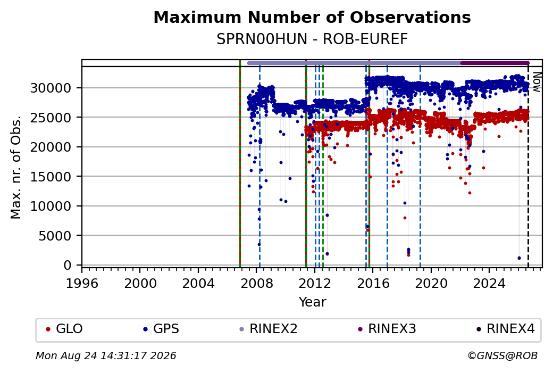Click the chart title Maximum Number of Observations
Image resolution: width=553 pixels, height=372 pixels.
tap(312, 17)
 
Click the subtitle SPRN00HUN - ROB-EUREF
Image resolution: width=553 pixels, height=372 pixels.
tap(312, 39)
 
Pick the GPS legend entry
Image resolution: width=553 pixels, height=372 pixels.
tap(161, 329)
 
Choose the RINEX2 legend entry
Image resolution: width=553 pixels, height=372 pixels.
tap(269, 329)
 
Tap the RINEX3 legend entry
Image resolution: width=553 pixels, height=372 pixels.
tap(387, 329)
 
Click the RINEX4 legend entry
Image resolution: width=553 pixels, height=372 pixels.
tap(505, 329)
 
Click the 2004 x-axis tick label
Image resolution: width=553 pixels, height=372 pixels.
tap(198, 283)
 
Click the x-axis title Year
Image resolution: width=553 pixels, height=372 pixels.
tap(313, 302)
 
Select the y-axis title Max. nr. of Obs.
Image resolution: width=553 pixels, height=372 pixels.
tap(16, 167)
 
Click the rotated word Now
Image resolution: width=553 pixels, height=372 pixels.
tap(537, 82)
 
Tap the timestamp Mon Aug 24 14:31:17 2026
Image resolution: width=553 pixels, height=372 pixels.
tap(106, 356)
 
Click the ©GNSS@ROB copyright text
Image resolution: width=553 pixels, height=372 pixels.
tap(502, 356)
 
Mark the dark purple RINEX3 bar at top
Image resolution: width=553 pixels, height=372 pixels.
tap(495, 63)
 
